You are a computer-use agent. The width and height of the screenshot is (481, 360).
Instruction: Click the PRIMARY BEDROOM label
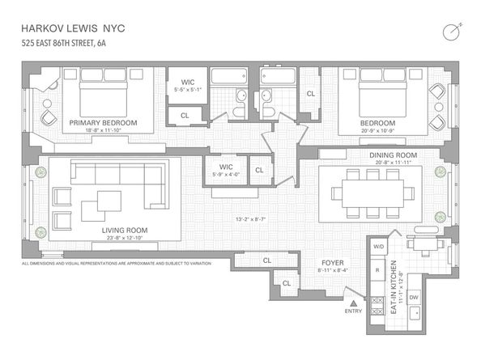pos(103,123)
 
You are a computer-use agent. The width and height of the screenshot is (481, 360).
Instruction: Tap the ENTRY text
pos(353,311)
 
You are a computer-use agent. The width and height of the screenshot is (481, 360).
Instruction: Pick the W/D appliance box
pos(377,246)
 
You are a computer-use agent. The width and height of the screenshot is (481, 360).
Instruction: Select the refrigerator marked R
pos(377,271)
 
